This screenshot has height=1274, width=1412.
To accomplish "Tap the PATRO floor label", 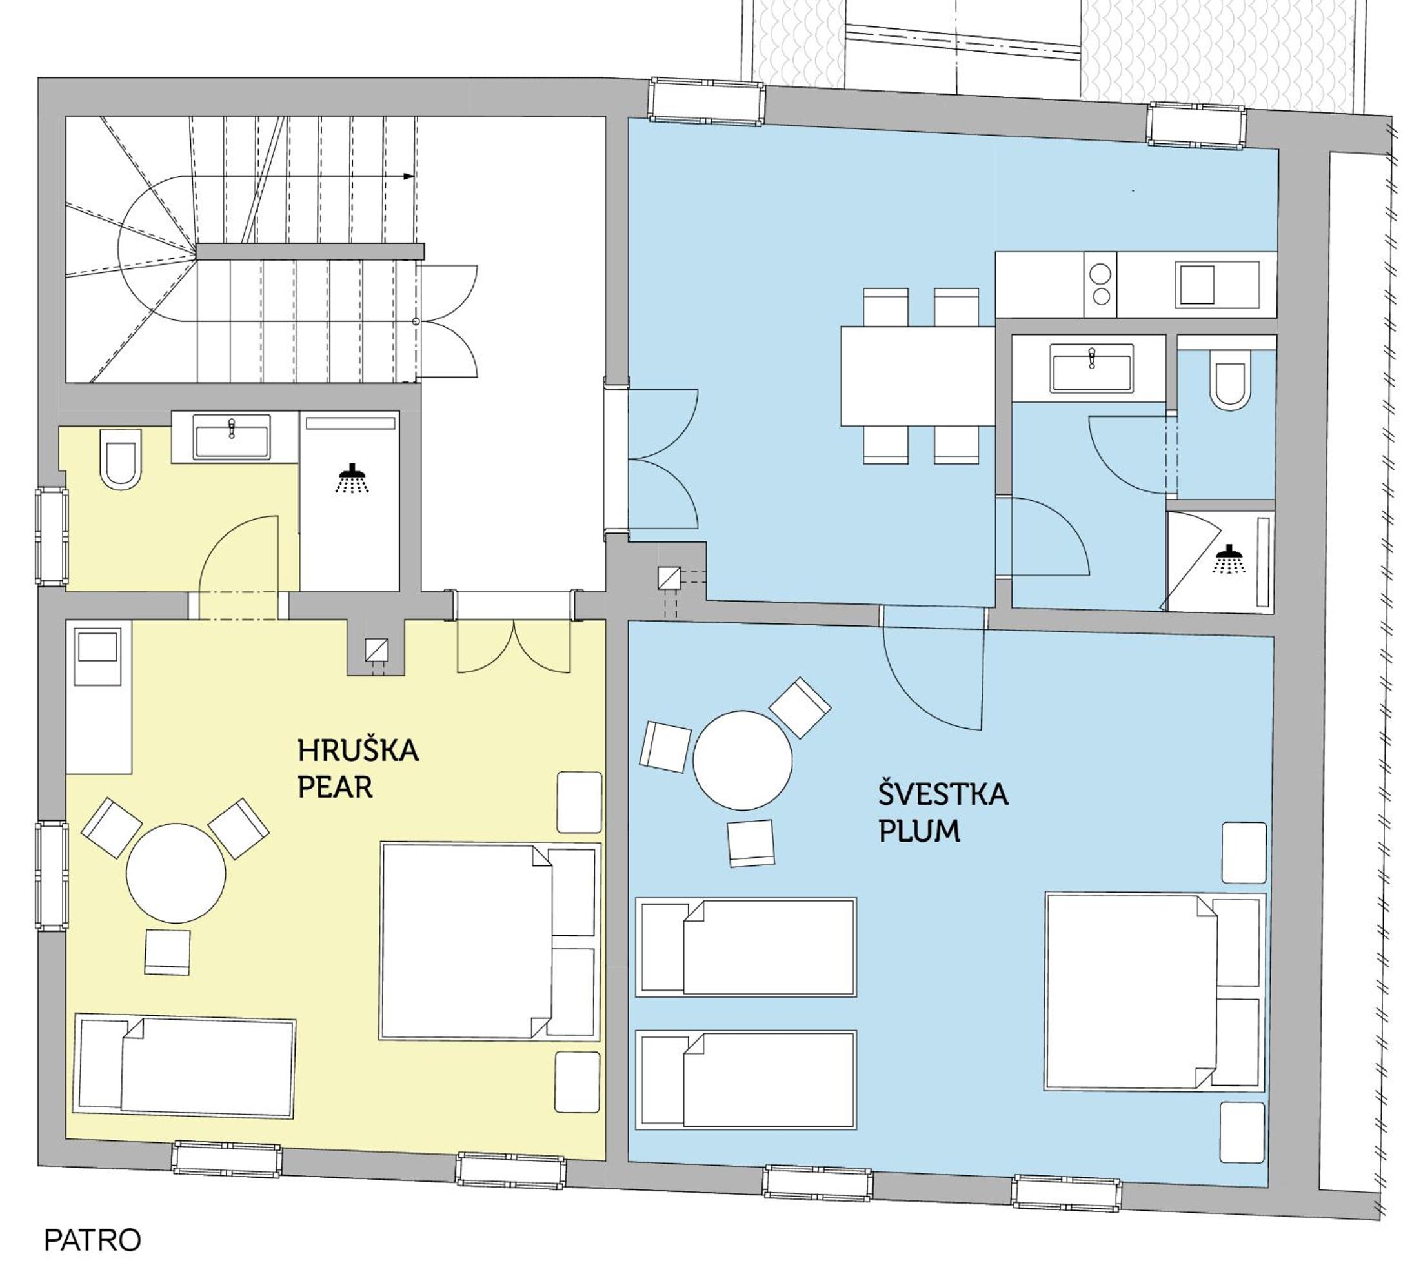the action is click(92, 1240).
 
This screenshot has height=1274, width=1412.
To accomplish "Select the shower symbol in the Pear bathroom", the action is click(352, 478).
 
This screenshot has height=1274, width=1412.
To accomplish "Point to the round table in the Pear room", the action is click(176, 873).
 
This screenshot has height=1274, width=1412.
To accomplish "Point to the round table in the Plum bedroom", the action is click(742, 760).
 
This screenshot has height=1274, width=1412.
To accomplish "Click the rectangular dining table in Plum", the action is click(918, 376).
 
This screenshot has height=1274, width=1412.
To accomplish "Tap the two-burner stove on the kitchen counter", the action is click(1100, 285).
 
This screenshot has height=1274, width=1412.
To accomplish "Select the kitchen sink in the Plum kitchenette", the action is click(1216, 285).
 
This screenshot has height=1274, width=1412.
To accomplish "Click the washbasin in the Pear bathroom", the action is click(232, 437).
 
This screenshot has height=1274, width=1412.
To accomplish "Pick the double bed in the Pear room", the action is click(490, 942).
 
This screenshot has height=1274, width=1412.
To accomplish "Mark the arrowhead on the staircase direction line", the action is click(409, 176).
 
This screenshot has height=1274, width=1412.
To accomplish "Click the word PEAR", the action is click(335, 787).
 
